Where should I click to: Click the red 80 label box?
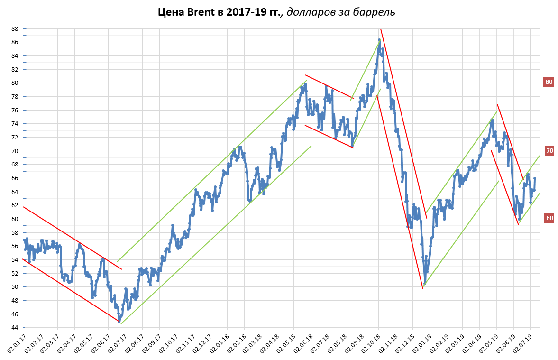tap(549, 82)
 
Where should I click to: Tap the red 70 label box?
tap(549, 151)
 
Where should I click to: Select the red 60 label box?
tap(549, 219)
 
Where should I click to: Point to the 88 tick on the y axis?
tap(15, 28)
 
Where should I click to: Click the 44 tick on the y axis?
tap(15, 328)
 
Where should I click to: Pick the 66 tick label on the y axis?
tap(15, 178)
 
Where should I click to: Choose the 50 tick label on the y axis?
tap(15, 287)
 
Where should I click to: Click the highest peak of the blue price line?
tap(379, 40)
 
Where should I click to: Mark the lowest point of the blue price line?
tap(119, 322)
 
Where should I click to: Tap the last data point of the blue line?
tap(534, 178)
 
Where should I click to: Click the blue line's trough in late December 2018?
tap(424, 284)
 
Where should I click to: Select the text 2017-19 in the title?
tap(246, 11)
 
